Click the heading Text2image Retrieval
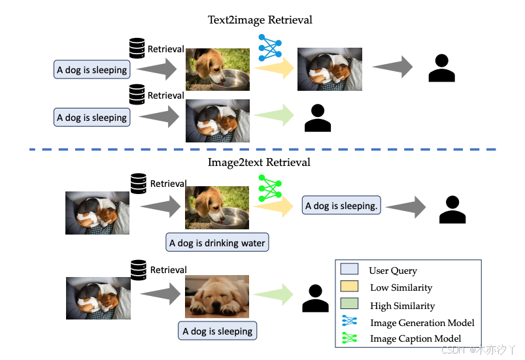click(260, 20)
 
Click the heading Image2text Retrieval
click(259, 163)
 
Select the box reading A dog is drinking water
click(217, 242)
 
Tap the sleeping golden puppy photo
click(217, 297)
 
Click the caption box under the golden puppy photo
click(217, 331)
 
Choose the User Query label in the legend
click(393, 270)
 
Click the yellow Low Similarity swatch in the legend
click(349, 286)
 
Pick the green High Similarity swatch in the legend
click(349, 303)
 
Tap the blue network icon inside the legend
click(349, 321)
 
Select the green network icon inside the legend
click(349, 338)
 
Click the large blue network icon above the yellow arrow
click(270, 48)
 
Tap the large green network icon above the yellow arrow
click(270, 188)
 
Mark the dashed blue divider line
click(263, 149)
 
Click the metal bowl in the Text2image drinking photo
click(230, 80)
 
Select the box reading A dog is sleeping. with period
click(341, 205)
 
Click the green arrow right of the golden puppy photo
click(273, 295)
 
